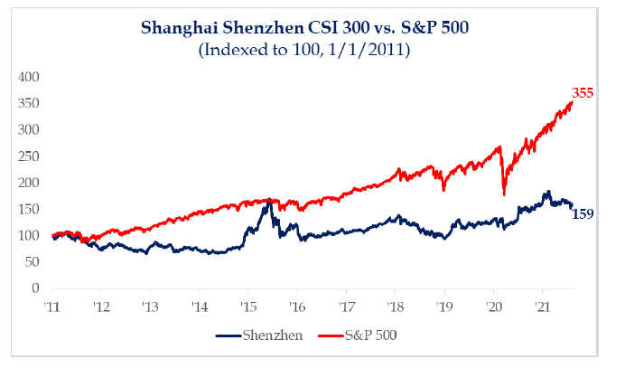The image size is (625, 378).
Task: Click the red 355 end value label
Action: click(x=583, y=92)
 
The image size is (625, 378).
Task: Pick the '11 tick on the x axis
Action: click(x=53, y=306)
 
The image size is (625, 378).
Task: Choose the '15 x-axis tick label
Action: click(x=247, y=306)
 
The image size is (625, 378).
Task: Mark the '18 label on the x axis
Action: click(x=394, y=306)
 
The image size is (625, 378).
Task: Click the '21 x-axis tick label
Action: click(x=541, y=306)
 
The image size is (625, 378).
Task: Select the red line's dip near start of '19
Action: click(x=443, y=189)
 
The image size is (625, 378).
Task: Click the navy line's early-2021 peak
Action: click(x=546, y=192)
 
